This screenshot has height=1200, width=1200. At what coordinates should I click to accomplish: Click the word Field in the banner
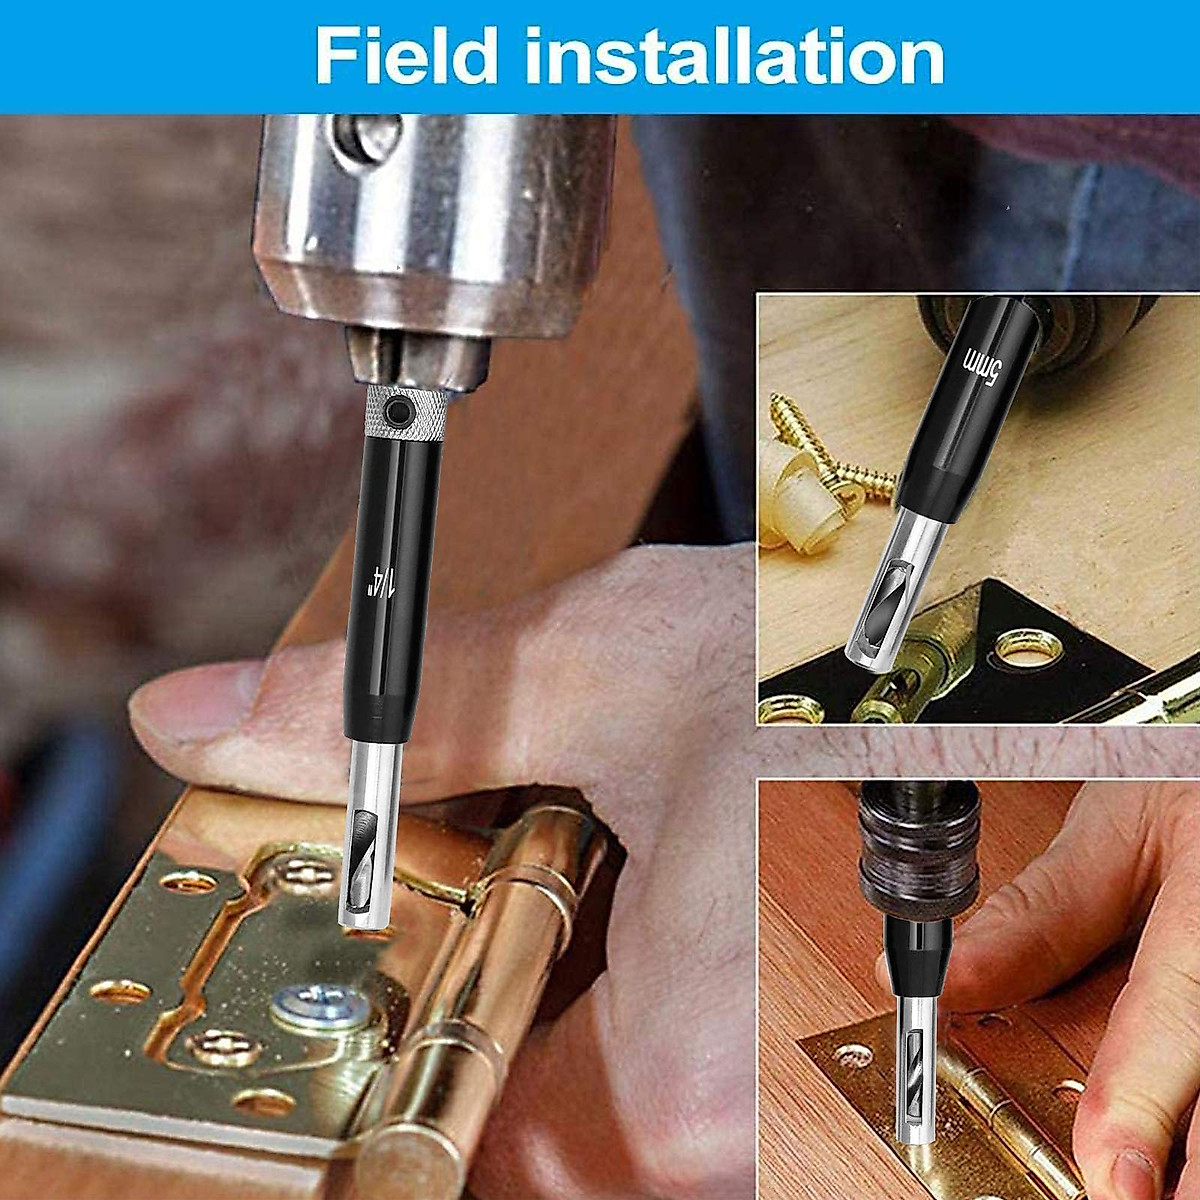click(x=405, y=57)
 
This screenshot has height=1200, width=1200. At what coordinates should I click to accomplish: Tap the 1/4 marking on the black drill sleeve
click(x=381, y=581)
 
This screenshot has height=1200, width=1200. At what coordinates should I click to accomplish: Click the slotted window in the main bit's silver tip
click(x=358, y=850)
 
